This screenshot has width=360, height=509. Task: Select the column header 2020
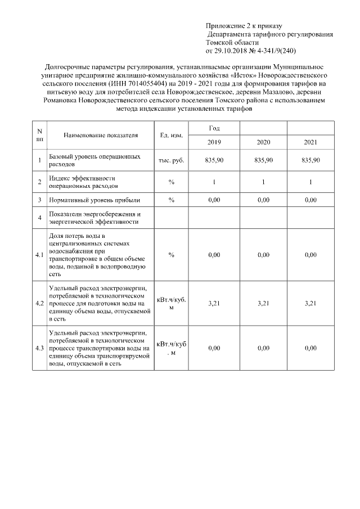click(x=263, y=142)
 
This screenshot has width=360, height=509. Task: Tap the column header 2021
click(x=310, y=142)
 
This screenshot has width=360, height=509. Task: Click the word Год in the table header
click(x=214, y=129)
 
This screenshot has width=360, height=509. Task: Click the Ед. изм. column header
click(x=171, y=136)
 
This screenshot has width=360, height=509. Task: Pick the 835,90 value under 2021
click(x=310, y=160)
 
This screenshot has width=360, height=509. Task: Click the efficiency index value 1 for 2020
click(x=263, y=182)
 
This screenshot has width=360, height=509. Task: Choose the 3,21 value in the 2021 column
click(x=310, y=303)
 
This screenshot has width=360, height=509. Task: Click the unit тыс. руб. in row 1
click(x=171, y=160)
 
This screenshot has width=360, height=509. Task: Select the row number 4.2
click(x=39, y=303)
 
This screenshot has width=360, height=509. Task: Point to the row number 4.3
click(x=39, y=348)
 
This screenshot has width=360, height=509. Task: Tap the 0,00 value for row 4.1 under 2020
click(x=263, y=255)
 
